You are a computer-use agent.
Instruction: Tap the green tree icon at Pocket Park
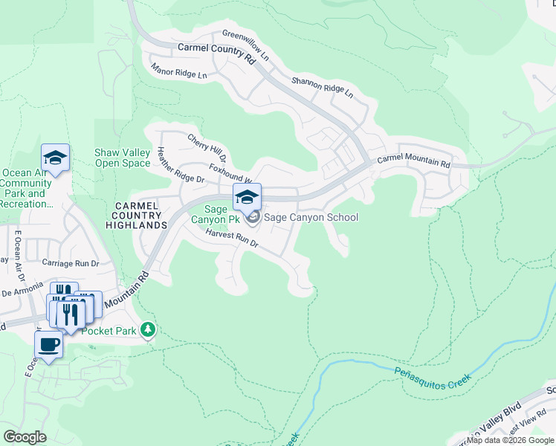click(x=149, y=329)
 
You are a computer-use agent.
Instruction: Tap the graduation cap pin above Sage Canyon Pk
click(x=247, y=197)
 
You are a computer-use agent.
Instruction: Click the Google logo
click(x=25, y=437)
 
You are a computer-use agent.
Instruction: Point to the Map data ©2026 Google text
click(x=510, y=440)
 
